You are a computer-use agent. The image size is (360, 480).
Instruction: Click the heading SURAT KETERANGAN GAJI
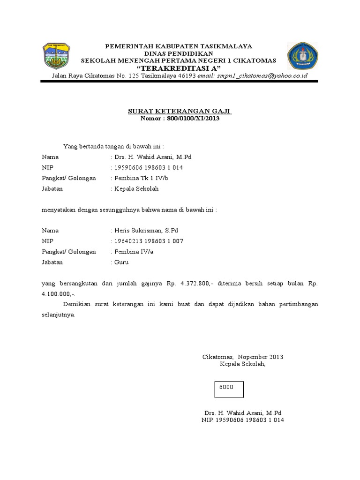pyautogui.click(x=180, y=112)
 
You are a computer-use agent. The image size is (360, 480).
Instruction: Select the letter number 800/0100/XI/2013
pyautogui.click(x=193, y=119)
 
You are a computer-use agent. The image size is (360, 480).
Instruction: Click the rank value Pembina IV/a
pyautogui.click(x=134, y=252)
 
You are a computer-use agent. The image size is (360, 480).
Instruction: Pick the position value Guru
pyautogui.click(x=121, y=262)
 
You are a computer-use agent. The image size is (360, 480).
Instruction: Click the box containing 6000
pyautogui.click(x=229, y=389)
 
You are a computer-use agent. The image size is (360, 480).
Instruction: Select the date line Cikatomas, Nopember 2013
pyautogui.click(x=242, y=357)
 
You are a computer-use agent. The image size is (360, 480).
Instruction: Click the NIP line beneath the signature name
pyautogui.click(x=242, y=420)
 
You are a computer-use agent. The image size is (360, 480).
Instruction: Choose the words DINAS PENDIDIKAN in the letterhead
pyautogui.click(x=179, y=53)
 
